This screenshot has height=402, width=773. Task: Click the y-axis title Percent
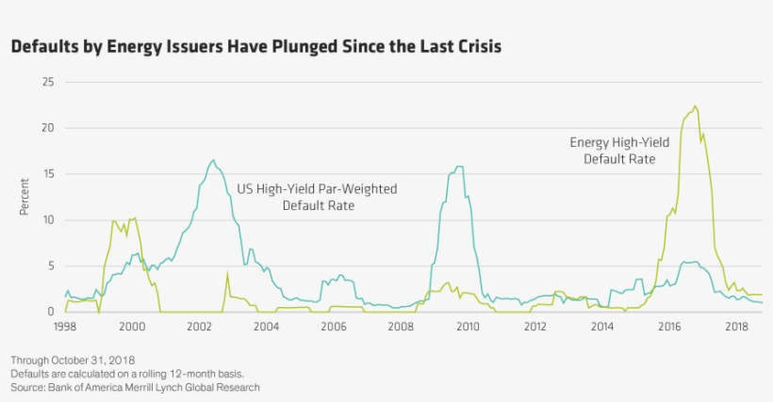tap(25, 197)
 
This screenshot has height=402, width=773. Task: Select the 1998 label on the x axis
tap(65, 327)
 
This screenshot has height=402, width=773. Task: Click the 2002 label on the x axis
tap(199, 327)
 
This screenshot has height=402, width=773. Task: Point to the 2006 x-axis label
tap(333, 327)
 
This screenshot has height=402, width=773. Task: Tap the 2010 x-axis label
tap(468, 327)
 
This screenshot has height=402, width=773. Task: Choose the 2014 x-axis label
tap(601, 327)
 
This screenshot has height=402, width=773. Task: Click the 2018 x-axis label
tap(735, 327)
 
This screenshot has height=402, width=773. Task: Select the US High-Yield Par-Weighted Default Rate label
tap(317, 197)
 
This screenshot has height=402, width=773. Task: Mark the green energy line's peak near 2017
tap(695, 106)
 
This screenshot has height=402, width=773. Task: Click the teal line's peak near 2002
tap(213, 160)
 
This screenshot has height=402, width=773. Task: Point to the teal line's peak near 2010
tap(459, 167)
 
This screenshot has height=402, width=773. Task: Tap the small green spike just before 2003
tap(227, 274)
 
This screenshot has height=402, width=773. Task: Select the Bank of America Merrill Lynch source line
tap(135, 387)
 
